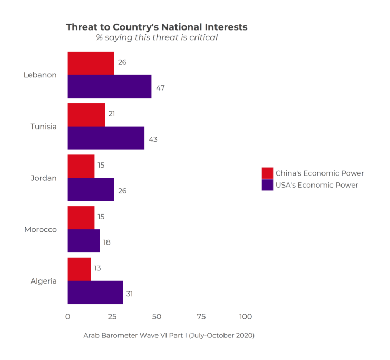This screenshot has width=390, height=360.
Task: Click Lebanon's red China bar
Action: [x=91, y=63]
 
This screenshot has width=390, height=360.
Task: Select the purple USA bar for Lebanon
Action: [x=109, y=86]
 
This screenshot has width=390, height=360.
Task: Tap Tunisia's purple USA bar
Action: [x=106, y=138]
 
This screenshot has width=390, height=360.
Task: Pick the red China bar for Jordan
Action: [x=81, y=166]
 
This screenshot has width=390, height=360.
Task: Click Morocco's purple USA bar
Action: [x=84, y=241]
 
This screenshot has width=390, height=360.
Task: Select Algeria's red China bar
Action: [x=79, y=269]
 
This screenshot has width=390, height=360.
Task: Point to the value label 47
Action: [x=160, y=88]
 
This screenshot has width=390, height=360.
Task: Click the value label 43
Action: [x=153, y=140]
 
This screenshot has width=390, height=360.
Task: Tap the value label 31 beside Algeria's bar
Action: [x=129, y=294]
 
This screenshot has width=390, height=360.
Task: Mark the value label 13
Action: [x=97, y=268]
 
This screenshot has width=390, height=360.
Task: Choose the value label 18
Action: [x=106, y=242]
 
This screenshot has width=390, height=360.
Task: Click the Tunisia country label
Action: [x=43, y=127]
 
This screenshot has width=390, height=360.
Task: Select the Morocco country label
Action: [x=41, y=230]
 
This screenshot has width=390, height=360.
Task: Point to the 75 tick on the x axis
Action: [x=201, y=317]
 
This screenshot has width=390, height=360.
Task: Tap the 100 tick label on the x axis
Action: [x=246, y=317]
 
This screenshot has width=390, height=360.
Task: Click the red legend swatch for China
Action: [x=267, y=173]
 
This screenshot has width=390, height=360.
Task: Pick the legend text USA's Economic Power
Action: [x=317, y=185]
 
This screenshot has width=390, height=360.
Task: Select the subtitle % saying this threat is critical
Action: [x=157, y=38]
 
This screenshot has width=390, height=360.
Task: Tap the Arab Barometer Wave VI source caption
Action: [x=169, y=335]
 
